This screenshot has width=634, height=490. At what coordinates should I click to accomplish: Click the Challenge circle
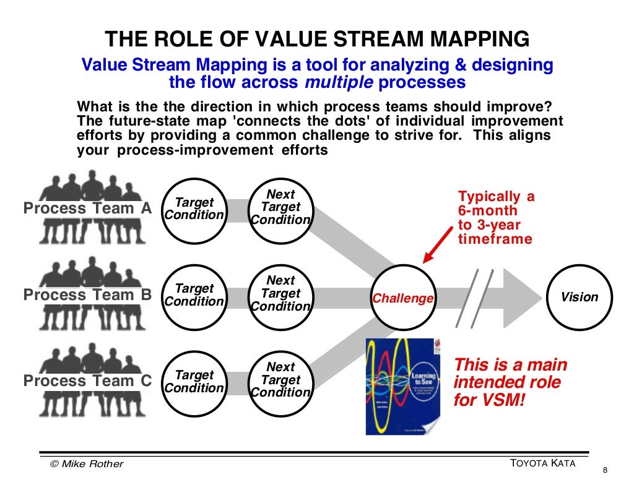point(403,298)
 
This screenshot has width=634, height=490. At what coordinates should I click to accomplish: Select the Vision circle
point(580,298)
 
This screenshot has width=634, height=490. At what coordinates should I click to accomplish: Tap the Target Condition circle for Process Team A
point(194,209)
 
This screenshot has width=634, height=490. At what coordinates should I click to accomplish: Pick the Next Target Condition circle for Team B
point(281,294)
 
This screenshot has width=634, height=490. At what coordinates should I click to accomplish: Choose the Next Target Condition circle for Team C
point(281,380)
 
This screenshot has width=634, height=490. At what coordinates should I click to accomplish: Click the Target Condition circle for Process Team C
point(194,382)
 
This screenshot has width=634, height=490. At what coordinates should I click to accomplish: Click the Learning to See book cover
point(402,385)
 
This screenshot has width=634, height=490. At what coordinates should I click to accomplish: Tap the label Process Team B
point(87,295)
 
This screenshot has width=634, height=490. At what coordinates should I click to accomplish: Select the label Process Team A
point(87,208)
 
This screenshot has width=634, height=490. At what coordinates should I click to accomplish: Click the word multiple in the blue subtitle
point(339,83)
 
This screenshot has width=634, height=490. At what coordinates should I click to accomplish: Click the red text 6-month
point(488,211)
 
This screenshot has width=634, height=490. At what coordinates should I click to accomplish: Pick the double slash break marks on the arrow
point(474,298)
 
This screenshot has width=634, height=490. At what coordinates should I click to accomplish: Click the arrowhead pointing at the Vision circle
point(523,298)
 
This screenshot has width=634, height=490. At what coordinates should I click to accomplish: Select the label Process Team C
point(87,382)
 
